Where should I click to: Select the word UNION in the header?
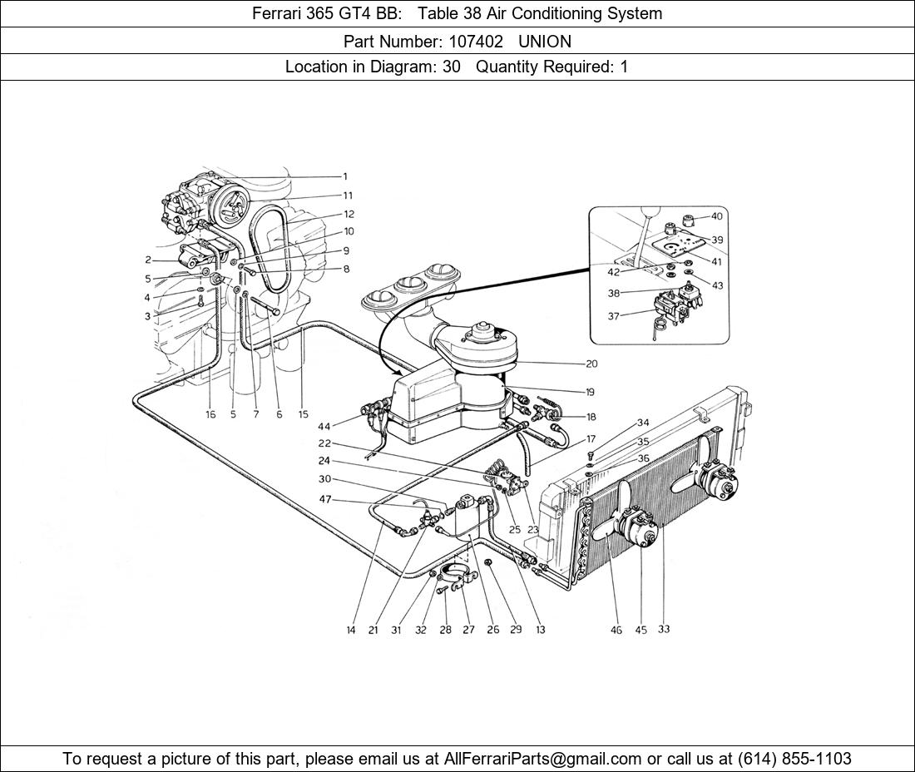545,41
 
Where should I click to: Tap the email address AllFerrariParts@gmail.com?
543,759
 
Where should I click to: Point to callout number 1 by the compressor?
344,176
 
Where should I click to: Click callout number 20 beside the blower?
591,364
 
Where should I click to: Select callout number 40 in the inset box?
717,216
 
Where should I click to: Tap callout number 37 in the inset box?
613,316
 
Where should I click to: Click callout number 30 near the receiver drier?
324,479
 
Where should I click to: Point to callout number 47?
325,499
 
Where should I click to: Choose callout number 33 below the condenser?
663,629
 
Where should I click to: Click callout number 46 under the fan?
616,630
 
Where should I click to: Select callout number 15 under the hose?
303,414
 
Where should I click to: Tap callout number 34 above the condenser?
643,423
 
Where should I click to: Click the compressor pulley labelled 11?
230,205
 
